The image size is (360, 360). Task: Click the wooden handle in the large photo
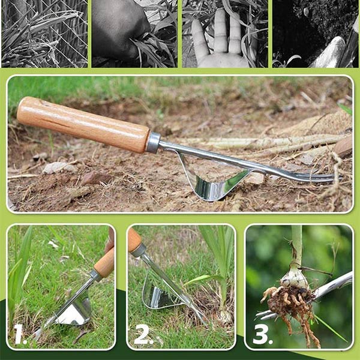83,124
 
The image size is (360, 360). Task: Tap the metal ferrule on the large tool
153,143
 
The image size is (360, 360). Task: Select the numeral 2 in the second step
143,335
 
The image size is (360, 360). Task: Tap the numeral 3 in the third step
262,335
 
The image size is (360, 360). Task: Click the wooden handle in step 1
104,263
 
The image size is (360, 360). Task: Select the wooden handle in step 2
134,239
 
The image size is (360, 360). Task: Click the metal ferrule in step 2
138,250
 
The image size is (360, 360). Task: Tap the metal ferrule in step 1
96,275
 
